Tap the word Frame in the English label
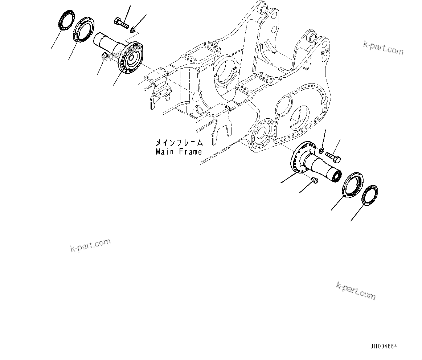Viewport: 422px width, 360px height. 190,152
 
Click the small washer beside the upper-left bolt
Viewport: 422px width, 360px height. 134,29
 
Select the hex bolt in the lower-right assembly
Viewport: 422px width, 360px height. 332,157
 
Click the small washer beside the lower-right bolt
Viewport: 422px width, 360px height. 322,150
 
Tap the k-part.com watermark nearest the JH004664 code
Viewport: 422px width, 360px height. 356,291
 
